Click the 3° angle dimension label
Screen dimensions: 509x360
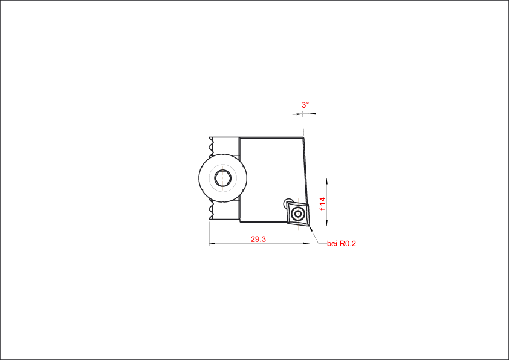click(305, 105)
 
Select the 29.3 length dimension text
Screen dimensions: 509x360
click(258, 239)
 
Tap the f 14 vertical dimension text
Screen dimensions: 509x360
click(322, 204)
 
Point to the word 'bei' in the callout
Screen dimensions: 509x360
click(332, 243)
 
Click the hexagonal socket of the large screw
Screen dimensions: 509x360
click(223, 178)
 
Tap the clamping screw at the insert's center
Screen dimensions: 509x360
click(297, 214)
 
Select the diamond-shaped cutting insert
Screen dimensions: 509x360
click(297, 214)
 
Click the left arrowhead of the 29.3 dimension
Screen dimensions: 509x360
click(212, 243)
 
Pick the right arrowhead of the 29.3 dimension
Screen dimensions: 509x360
click(306, 243)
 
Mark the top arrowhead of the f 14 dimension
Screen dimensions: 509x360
click(326, 181)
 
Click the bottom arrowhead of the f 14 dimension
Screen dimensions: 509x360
click(326, 223)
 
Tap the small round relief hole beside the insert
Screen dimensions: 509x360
click(288, 203)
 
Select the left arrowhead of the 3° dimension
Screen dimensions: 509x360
click(300, 114)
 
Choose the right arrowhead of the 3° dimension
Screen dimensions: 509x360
click(313, 114)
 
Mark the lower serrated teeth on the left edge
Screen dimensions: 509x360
click(212, 211)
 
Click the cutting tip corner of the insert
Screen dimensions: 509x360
click(310, 226)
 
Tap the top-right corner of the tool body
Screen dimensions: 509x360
click(304, 137)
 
